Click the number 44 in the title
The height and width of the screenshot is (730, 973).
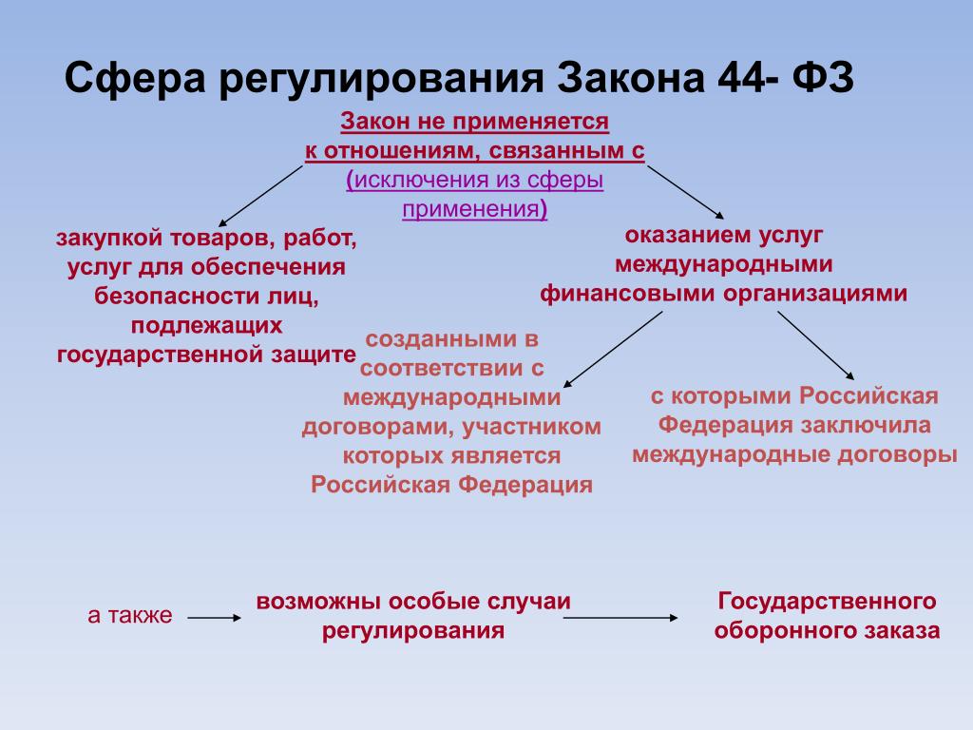(x=741, y=78)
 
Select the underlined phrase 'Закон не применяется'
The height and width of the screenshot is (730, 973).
(x=475, y=121)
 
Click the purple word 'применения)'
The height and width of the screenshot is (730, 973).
(x=475, y=208)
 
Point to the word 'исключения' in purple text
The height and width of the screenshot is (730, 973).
(x=418, y=180)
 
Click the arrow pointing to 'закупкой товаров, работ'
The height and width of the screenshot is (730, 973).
(x=260, y=196)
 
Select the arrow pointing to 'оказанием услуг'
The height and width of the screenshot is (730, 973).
(x=685, y=192)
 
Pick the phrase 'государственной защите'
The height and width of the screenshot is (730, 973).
(x=206, y=355)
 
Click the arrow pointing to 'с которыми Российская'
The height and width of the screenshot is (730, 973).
(x=815, y=345)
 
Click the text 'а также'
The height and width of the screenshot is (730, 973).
(x=130, y=615)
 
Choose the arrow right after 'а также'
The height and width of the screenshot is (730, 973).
(x=215, y=618)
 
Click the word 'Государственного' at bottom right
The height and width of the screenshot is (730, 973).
(x=827, y=601)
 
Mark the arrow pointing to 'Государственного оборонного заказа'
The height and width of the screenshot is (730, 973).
(x=620, y=618)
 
